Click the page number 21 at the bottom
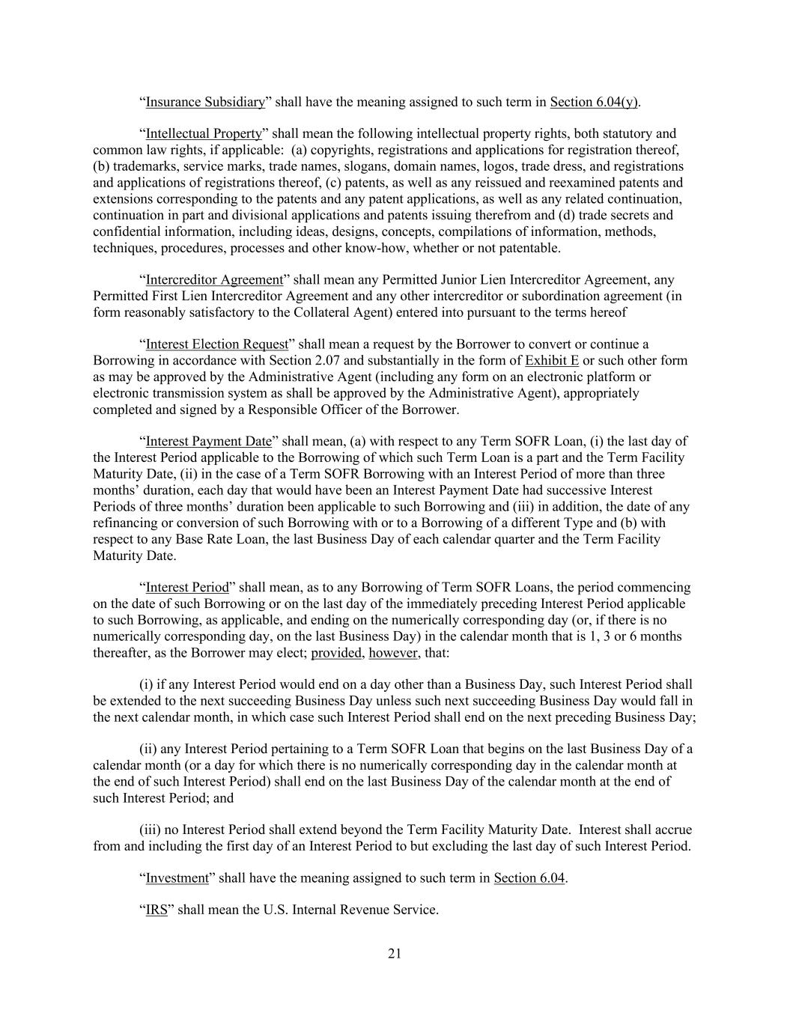pyautogui.click(x=395, y=953)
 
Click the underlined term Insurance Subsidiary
pyautogui.click(x=205, y=102)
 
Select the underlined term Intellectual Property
pyautogui.click(x=204, y=134)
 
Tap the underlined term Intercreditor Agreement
pyautogui.click(x=214, y=280)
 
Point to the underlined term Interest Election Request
pyautogui.click(x=217, y=344)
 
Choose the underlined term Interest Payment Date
pyautogui.click(x=208, y=441)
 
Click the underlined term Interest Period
pyautogui.click(x=187, y=587)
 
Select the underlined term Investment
pyautogui.click(x=177, y=877)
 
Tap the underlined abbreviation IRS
pyautogui.click(x=157, y=910)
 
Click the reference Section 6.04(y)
pyautogui.click(x=595, y=102)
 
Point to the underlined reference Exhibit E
pyautogui.click(x=552, y=361)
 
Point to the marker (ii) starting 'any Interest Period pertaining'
pyautogui.click(x=148, y=749)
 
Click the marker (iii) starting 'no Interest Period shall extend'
pyautogui.click(x=150, y=830)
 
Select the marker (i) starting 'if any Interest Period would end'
pyautogui.click(x=147, y=684)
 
